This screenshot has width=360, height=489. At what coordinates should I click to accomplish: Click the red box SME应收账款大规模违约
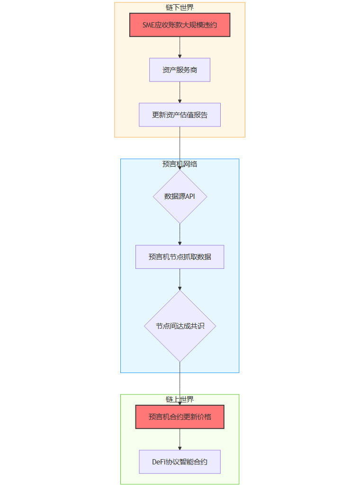pos(180,25)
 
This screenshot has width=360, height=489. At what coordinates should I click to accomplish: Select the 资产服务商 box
pos(180,70)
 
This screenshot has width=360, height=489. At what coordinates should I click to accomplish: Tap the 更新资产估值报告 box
pos(180,115)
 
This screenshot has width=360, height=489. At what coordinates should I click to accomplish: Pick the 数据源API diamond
pos(180,196)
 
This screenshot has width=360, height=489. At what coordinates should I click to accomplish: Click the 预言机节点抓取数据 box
pos(180,257)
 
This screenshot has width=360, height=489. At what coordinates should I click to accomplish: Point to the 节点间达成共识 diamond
pos(180,326)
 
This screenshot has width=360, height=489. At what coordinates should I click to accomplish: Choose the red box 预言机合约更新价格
pos(180,417)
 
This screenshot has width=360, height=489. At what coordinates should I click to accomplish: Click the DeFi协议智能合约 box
pos(180,462)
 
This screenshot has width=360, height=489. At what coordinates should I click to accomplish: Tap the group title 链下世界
pos(180,7)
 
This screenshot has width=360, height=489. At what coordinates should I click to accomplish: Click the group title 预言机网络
pos(180,164)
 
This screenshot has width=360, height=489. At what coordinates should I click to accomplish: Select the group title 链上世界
pos(180,400)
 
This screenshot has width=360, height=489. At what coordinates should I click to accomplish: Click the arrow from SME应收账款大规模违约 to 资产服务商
pos(180,47)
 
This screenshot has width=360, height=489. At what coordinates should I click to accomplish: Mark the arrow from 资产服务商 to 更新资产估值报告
pos(180,92)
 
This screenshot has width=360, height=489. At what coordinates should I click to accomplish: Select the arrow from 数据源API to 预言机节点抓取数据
pos(180,234)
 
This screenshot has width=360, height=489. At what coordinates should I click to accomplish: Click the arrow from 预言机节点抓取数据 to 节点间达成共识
pos(180,279)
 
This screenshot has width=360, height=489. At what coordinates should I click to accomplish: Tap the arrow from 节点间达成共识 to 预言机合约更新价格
pos(180,383)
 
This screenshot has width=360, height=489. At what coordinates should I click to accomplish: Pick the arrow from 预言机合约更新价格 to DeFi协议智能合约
pos(180,439)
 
